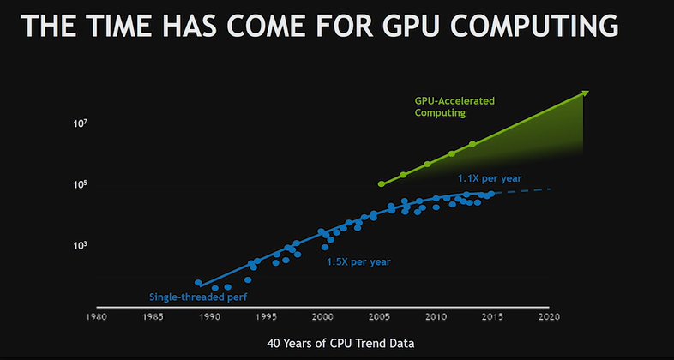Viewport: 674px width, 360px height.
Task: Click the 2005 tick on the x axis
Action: coord(379,316)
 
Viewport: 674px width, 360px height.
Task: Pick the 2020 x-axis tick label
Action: coord(550,316)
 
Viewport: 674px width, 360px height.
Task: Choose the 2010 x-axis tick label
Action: coord(436,316)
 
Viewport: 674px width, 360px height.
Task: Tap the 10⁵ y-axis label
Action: coord(80,185)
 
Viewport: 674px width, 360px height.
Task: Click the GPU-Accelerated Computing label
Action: coord(454,106)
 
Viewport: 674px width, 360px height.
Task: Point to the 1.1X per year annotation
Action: coord(489,178)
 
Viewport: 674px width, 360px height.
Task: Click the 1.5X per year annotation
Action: coord(358,261)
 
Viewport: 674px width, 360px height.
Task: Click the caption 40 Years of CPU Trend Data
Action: coord(340,343)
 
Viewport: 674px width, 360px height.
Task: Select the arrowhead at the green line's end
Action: coord(584,92)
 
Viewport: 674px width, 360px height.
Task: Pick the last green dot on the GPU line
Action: coord(472,144)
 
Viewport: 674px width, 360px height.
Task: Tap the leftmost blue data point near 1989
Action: coord(198,283)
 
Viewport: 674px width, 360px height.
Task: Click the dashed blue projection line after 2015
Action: coord(523,191)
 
